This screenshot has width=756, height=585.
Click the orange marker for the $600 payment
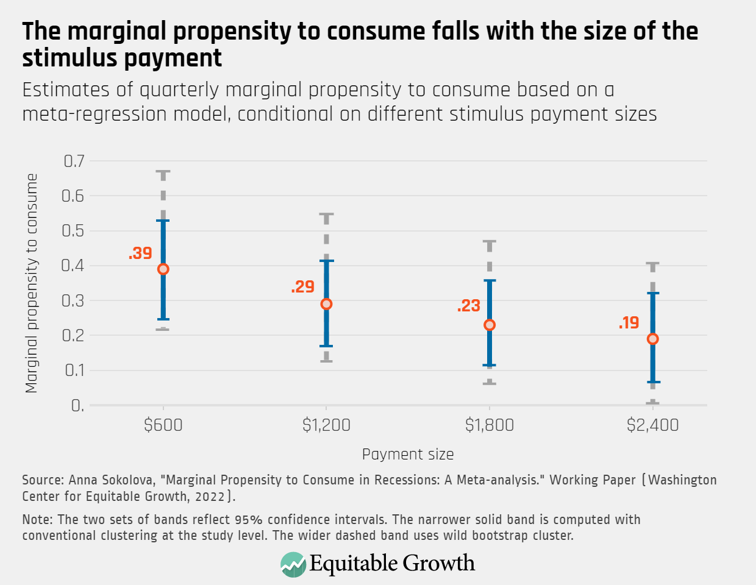(x=163, y=269)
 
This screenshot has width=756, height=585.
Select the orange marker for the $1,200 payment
(x=326, y=304)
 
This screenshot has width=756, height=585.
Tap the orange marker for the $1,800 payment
(x=489, y=325)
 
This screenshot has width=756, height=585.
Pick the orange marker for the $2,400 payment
(x=652, y=339)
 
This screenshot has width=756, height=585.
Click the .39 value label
(x=140, y=253)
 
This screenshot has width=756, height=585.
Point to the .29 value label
(x=303, y=287)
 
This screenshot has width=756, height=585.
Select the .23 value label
(x=469, y=306)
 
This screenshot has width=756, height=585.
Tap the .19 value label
(x=629, y=323)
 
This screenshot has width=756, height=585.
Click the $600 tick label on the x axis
(x=163, y=425)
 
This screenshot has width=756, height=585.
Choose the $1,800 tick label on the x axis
(x=489, y=425)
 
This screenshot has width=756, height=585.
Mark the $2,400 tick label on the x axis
(x=652, y=425)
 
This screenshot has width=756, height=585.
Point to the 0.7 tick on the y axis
(x=74, y=161)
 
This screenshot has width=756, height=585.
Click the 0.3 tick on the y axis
(x=74, y=300)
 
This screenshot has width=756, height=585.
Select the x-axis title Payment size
(x=408, y=455)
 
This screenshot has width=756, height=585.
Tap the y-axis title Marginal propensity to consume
(x=32, y=283)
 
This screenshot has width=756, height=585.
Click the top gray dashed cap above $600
(x=163, y=172)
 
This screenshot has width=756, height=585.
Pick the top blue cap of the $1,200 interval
(x=326, y=261)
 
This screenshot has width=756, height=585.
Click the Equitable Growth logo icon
(x=293, y=564)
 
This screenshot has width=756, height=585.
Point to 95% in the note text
(x=248, y=520)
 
